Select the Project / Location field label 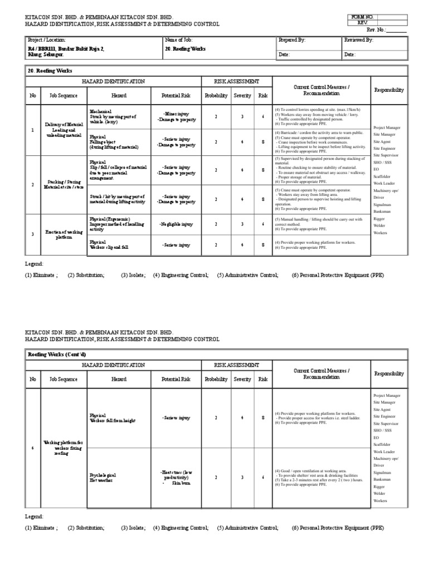point(47,40)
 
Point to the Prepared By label point(292,40)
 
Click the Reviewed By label point(358,40)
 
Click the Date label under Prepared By point(284,55)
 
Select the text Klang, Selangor point(46,55)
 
